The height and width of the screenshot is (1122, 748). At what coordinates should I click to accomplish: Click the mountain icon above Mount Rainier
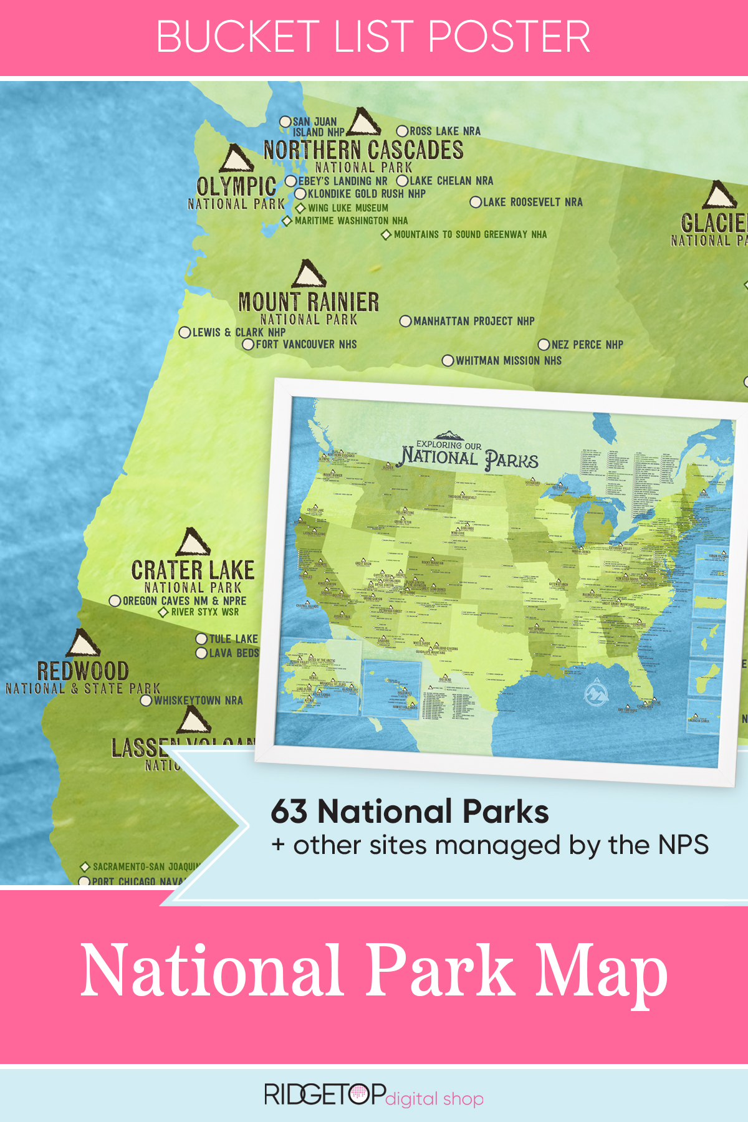coord(309,275)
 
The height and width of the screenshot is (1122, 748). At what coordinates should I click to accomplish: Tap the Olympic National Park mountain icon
coord(236,159)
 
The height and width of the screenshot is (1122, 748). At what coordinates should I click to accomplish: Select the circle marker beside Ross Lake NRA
coord(403,132)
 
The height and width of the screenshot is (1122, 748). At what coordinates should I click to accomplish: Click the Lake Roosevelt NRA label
coord(532,202)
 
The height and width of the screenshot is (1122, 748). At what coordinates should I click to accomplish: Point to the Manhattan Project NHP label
coord(474,321)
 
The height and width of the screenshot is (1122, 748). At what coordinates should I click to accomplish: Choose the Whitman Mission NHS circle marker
coord(448,361)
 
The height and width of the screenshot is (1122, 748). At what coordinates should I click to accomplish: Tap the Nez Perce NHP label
coord(587,345)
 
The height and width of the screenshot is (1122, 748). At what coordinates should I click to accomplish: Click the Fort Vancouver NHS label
coord(306,344)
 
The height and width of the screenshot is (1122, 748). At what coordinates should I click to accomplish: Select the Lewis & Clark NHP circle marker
coord(185,333)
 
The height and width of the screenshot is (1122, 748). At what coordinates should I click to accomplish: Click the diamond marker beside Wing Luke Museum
coord(300,208)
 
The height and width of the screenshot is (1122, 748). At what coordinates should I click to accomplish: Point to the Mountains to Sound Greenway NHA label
coord(470,234)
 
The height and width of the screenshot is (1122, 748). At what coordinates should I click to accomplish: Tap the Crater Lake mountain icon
coord(193,543)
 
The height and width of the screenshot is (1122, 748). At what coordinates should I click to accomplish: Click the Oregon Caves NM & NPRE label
coord(185,601)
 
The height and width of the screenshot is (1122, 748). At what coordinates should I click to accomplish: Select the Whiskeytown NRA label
coord(198,701)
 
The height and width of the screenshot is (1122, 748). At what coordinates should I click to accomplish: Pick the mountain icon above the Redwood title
coord(83,643)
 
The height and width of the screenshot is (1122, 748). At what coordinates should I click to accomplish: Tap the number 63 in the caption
coord(289,812)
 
